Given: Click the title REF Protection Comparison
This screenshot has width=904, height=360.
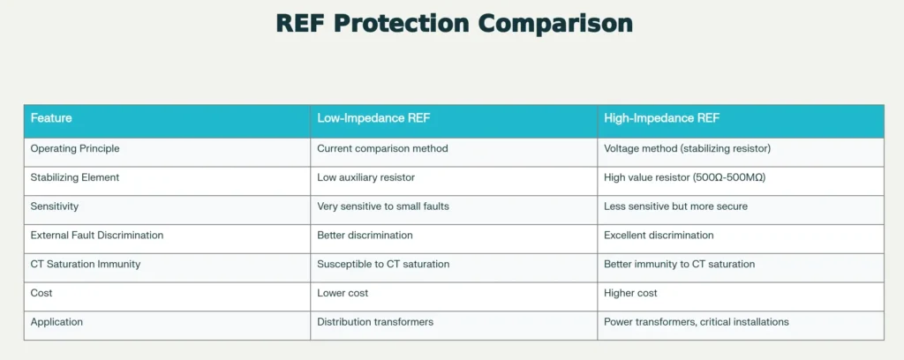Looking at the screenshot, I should point(454,24).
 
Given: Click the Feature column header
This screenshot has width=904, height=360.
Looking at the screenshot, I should point(51,118).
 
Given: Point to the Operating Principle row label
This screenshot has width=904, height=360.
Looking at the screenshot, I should point(75,148).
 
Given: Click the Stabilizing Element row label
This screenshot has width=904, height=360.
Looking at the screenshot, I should point(75,177).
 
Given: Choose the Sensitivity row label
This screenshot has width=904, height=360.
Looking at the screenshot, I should point(55,206).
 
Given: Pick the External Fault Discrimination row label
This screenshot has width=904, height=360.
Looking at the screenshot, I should point(97,236).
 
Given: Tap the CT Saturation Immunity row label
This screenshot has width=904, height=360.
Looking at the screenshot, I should point(86,264).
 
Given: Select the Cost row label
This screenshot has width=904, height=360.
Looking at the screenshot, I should point(41,293).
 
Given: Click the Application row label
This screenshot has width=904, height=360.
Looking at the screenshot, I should point(56,322).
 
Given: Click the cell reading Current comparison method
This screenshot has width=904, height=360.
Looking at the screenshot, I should point(382,148).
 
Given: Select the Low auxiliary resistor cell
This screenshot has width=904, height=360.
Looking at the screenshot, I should point(365,177).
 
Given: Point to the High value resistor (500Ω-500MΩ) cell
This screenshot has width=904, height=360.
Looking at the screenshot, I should point(684,177).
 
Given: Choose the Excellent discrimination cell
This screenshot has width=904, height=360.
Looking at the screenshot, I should point(659,236).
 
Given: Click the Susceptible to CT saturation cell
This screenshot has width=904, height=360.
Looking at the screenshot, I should point(383,264).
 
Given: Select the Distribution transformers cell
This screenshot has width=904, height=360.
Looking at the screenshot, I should point(375,322).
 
